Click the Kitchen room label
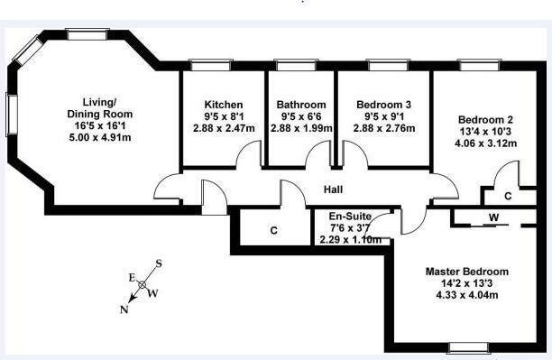(224, 105)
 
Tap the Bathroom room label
(301, 105)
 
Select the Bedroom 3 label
(383, 105)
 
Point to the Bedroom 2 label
(485, 120)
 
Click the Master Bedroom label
(467, 272)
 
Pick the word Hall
(333, 189)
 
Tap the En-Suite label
(350, 216)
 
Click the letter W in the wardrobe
(494, 217)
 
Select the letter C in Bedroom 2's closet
(508, 196)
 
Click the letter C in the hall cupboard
(274, 231)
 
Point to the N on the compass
(124, 309)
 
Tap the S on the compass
(159, 263)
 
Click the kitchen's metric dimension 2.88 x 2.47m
(224, 128)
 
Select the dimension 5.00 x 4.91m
(100, 137)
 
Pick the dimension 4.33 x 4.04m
(467, 295)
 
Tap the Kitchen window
(210, 66)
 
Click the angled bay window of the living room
(28, 51)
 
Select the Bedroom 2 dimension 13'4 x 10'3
(485, 132)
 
